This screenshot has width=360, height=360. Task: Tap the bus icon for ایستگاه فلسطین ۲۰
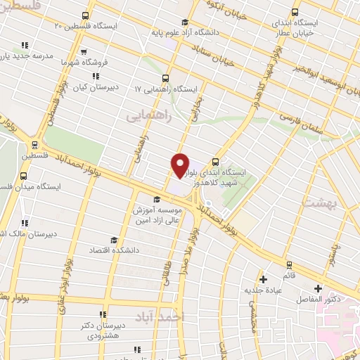click(86, 15)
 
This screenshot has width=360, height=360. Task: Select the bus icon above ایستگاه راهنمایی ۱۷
click(166, 78)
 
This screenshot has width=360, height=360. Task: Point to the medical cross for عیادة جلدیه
click(264, 278)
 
